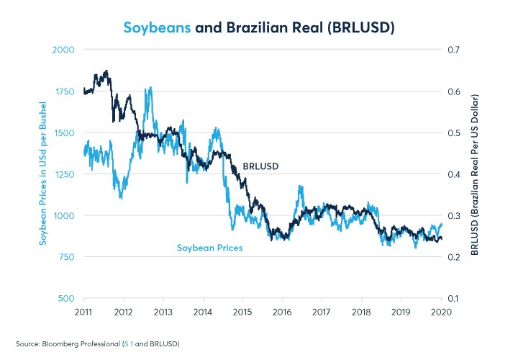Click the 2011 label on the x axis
pyautogui.click(x=84, y=312)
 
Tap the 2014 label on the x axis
pyautogui.click(x=203, y=312)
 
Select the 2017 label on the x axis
pyautogui.click(x=322, y=312)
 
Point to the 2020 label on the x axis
pyautogui.click(x=440, y=312)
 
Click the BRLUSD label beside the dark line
pyautogui.click(x=260, y=166)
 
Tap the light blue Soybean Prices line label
pyautogui.click(x=209, y=248)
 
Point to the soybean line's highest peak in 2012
pyautogui.click(x=150, y=88)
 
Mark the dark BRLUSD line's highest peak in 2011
pyautogui.click(x=106, y=71)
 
